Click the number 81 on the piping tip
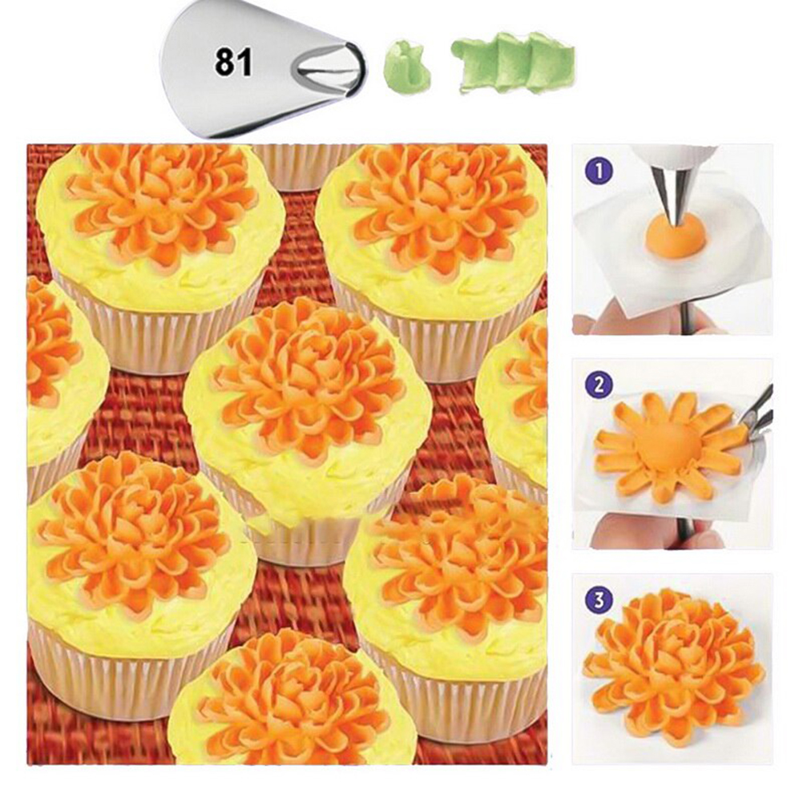pyautogui.click(x=233, y=63)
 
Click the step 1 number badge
pyautogui.click(x=598, y=171)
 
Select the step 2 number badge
pyautogui.click(x=598, y=385)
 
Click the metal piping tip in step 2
pyautogui.click(x=757, y=416)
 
